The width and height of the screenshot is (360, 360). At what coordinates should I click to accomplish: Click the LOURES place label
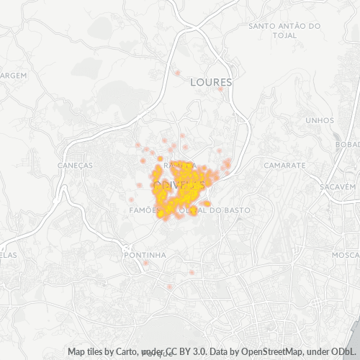click(211, 82)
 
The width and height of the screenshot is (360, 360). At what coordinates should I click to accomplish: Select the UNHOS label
click(320, 120)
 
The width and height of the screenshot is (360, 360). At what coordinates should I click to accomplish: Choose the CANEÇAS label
click(75, 165)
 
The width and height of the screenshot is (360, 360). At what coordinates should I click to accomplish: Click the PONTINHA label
click(145, 255)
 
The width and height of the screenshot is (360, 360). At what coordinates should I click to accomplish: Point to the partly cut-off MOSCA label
click(346, 255)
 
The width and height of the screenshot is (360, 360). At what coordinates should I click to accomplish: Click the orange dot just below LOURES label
click(220, 89)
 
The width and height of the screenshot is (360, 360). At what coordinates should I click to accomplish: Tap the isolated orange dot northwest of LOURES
click(177, 72)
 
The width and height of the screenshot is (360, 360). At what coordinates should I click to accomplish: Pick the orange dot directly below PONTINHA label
click(146, 263)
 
